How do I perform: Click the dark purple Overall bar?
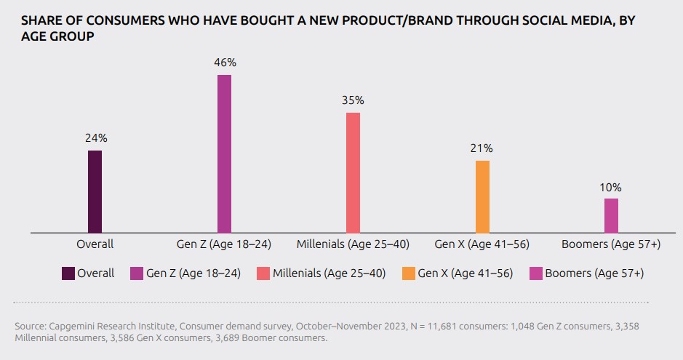95,191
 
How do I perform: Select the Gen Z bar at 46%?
224,153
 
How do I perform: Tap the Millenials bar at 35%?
353,172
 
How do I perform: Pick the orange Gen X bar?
482,196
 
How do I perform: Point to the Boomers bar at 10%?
611,215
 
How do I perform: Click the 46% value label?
225,63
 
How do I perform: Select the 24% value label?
96,137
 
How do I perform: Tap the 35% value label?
354,100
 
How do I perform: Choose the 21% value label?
482,148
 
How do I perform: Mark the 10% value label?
611,187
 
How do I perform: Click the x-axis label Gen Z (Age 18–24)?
224,244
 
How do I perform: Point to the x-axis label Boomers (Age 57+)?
612,244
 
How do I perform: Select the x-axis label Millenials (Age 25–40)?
353,244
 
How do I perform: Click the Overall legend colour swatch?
68,273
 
